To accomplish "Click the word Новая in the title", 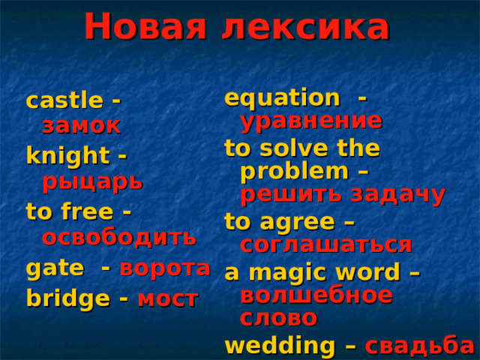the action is point(145,27).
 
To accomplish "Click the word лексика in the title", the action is point(306,28).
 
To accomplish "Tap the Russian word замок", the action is point(81,126).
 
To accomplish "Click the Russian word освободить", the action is point(119,237).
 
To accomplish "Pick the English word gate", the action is point(55,269).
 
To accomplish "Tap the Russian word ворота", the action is point(165,268).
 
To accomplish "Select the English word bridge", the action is point(68,298).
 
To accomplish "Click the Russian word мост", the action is point(168,299).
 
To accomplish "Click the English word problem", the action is point(295,172).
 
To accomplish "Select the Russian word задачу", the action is point(397,195).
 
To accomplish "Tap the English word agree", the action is point(297,223).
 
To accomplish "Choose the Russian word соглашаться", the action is point(326,244).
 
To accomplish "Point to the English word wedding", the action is point(280,346).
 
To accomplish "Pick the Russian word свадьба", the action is point(419,346).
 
